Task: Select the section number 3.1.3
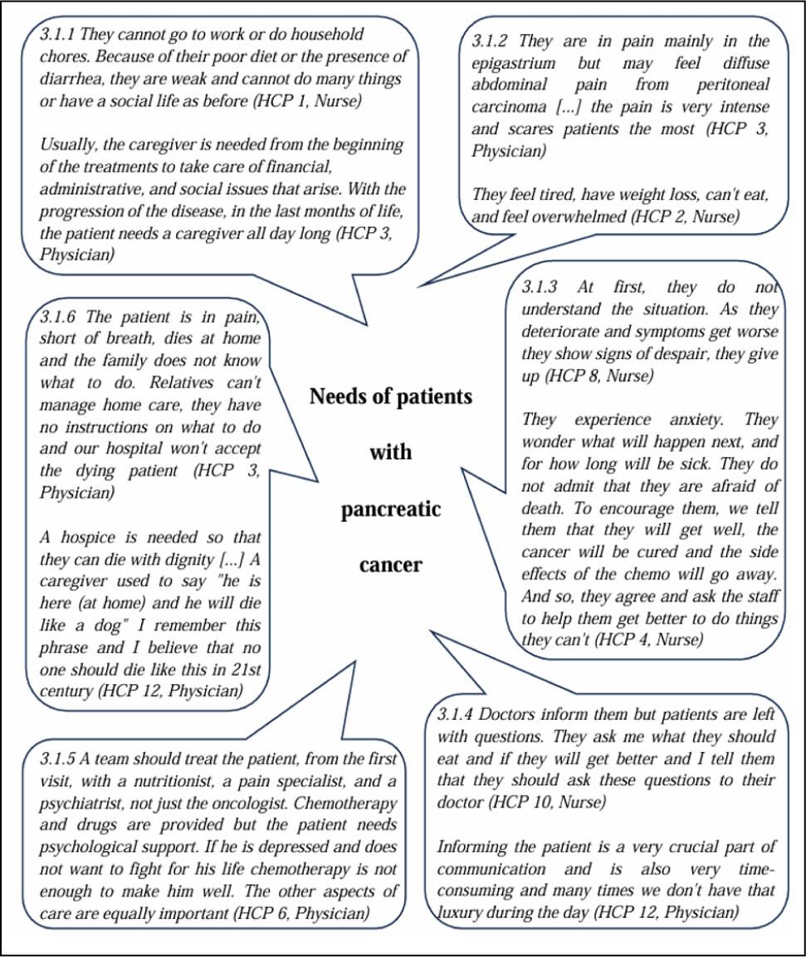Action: coord(540,288)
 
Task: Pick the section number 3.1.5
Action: coord(58,759)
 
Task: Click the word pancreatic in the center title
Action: coord(391,509)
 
